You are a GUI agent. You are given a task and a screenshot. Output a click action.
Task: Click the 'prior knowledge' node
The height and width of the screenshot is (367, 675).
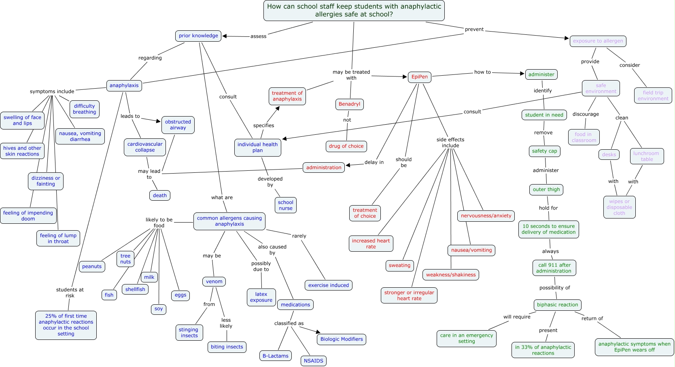[x=198, y=36]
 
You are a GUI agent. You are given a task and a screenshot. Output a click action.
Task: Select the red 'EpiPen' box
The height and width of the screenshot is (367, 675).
[x=419, y=77]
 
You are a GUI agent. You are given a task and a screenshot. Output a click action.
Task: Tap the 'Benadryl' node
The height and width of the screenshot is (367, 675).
[x=349, y=104]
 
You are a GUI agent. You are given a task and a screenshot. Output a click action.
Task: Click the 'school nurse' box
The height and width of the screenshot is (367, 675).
[x=285, y=205]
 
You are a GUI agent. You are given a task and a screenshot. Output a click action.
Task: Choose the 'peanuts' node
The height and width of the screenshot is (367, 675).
[x=92, y=266]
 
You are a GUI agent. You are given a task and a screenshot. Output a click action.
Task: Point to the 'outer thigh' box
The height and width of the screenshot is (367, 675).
[x=546, y=189]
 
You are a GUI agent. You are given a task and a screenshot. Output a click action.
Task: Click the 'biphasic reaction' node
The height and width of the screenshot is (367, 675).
[x=557, y=305]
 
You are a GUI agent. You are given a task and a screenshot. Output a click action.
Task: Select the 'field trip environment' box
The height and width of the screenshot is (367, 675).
[x=653, y=95]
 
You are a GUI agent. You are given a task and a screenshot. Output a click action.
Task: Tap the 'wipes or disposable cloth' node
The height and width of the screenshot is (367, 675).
[x=619, y=207]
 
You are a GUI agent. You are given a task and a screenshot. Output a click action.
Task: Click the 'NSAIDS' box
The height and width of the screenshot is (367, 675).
[x=313, y=361]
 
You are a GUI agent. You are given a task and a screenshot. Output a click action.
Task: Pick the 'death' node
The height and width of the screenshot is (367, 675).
[x=160, y=195]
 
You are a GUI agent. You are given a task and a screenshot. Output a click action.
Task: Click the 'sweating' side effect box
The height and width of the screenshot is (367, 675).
[x=399, y=265]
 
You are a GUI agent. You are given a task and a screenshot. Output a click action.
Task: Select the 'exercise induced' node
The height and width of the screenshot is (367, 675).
[x=328, y=285]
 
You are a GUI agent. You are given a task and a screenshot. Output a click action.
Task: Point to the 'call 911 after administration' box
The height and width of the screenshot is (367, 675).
[x=554, y=268]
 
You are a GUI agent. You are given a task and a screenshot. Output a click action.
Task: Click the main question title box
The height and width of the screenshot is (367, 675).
[x=354, y=11]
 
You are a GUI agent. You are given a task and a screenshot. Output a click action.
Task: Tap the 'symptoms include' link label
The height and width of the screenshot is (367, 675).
[x=52, y=91]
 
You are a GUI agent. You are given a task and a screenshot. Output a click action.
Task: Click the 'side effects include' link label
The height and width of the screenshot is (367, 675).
[x=450, y=142]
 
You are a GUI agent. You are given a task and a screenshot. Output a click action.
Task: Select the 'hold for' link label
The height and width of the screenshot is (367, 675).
[x=548, y=208]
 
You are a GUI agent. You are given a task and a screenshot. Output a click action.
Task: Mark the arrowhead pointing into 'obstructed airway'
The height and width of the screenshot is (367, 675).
[x=159, y=121]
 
